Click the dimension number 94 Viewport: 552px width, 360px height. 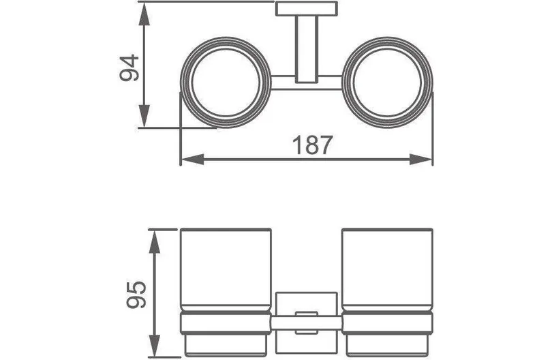tap(129, 68)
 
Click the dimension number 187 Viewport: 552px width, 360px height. tap(313, 145)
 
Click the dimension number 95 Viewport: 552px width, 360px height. tap(136, 295)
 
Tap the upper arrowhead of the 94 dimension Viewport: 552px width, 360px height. tap(144, 15)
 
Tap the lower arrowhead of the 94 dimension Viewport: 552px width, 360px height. tap(144, 115)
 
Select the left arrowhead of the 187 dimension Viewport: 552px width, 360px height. tap(193, 160)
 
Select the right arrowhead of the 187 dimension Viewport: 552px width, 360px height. tap(420, 160)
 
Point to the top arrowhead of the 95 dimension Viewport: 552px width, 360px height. tap(155, 241)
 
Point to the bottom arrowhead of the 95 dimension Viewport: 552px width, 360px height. tap(155, 345)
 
